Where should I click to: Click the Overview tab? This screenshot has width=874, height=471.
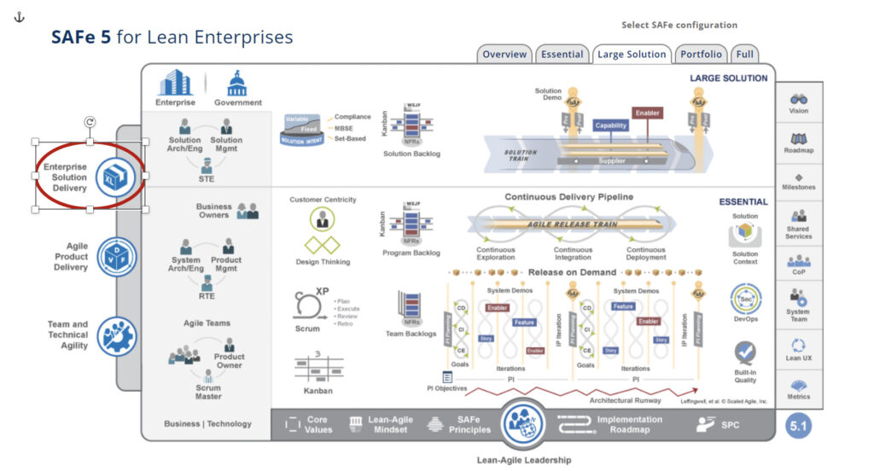504,54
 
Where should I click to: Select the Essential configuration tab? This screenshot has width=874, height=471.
562,54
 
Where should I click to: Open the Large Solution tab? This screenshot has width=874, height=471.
632,54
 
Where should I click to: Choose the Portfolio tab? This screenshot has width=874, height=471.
701,54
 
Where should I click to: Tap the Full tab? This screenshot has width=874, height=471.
744,54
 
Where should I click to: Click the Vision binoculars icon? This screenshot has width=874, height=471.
799,99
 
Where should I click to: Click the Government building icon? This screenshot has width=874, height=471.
237,84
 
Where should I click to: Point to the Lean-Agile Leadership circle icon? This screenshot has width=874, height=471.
524,422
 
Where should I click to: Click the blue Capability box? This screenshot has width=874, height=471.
610,125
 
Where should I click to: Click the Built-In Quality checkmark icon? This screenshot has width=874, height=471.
745,352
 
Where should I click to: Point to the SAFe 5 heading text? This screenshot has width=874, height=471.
172,38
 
